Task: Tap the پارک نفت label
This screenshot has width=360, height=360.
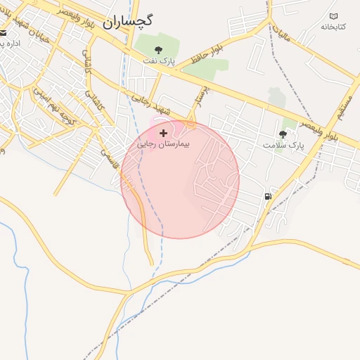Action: click(x=160, y=62)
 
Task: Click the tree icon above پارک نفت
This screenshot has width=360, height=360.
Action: click(x=159, y=49)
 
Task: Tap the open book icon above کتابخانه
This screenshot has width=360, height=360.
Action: click(x=333, y=16)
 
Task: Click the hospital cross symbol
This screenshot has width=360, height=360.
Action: click(x=164, y=132)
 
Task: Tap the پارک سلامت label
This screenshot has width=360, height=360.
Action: click(x=283, y=145)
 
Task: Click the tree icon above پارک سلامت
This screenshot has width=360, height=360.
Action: click(x=283, y=134)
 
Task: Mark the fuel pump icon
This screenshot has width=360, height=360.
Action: click(x=268, y=196)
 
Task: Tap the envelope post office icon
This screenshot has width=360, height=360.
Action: click(x=4, y=32)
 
